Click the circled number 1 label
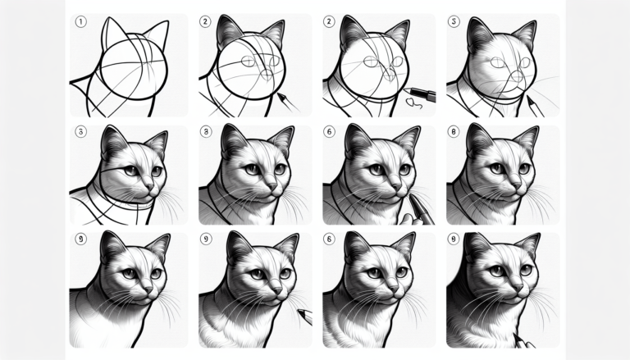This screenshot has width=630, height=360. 80,23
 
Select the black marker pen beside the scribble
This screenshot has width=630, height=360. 419,93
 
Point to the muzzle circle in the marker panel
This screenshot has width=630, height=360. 391,76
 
